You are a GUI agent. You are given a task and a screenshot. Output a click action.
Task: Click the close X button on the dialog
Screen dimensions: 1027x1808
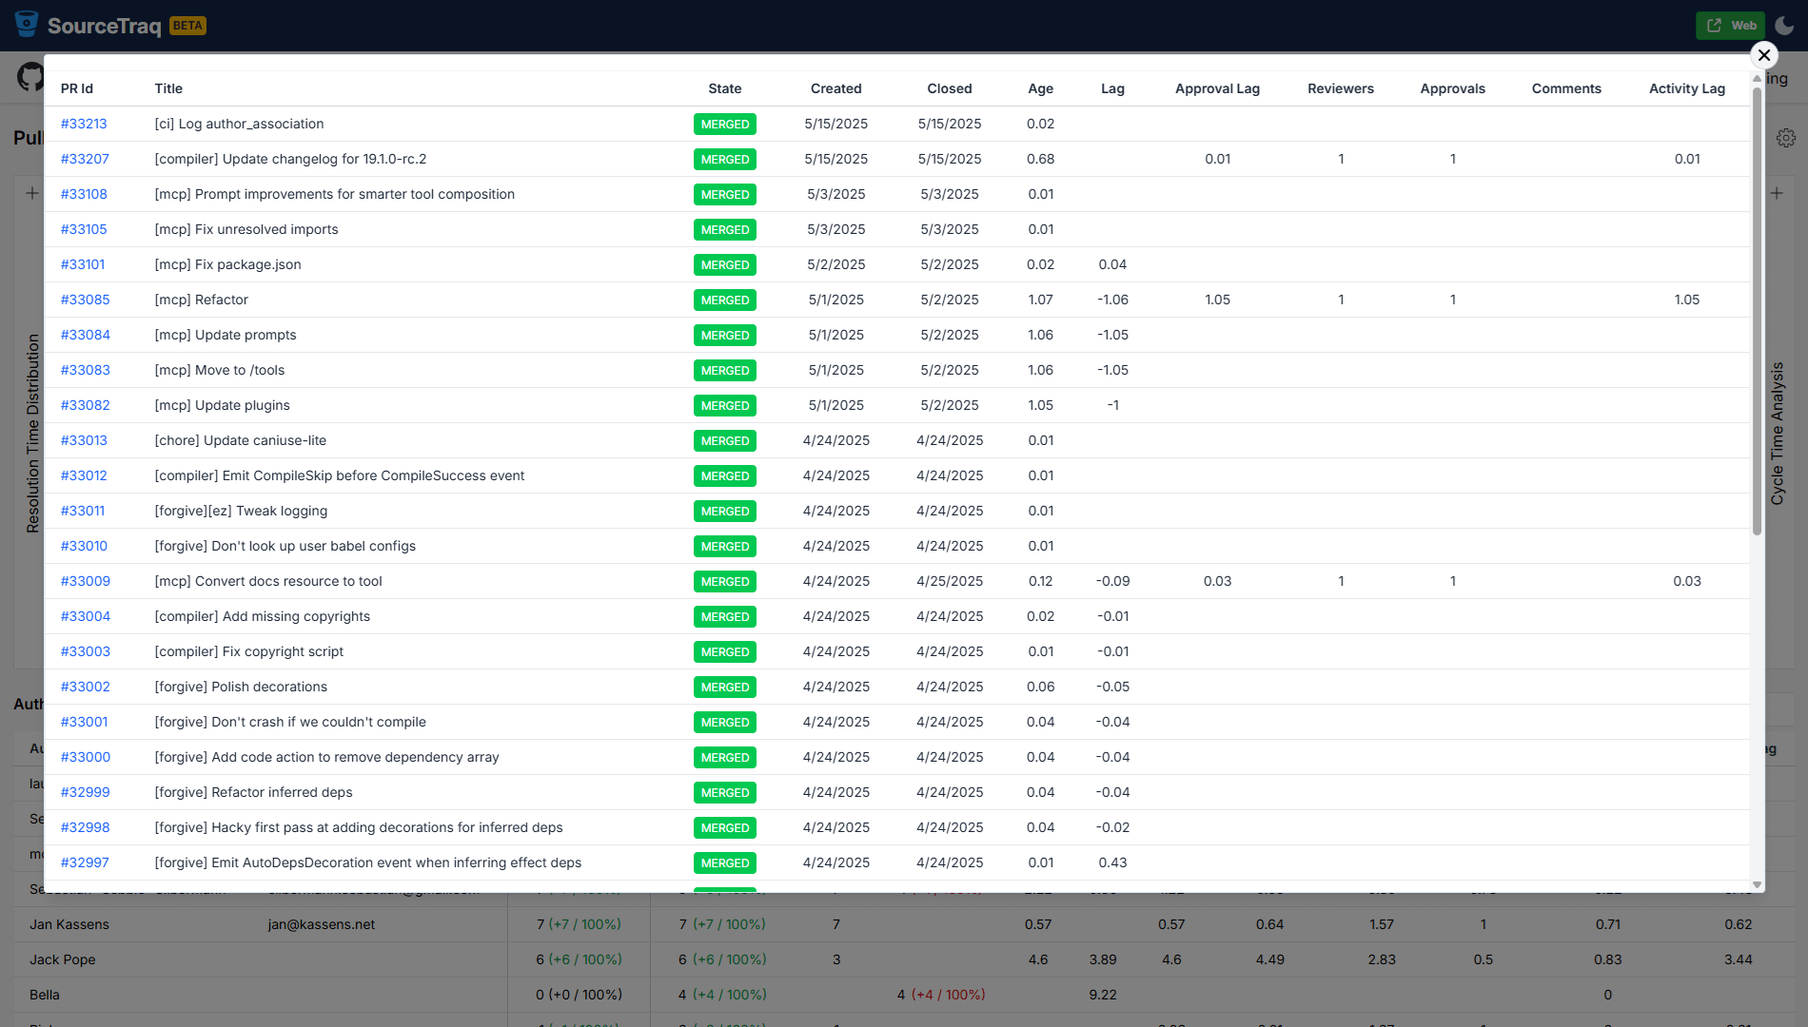(x=1763, y=55)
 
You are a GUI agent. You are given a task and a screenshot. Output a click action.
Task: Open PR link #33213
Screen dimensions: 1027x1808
(x=84, y=124)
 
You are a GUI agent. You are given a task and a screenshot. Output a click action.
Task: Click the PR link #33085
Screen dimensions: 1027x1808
(x=85, y=300)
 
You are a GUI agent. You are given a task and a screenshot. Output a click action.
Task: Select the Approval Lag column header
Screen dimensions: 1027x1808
(x=1217, y=88)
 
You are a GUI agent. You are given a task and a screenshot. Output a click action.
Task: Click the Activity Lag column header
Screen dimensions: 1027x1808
(x=1686, y=88)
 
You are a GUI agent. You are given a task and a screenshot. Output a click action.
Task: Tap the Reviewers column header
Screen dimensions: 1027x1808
(x=1340, y=88)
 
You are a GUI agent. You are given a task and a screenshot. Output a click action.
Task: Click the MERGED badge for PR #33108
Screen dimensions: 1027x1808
(x=724, y=195)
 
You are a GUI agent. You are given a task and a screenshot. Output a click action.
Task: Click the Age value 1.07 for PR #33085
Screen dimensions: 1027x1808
(x=1040, y=300)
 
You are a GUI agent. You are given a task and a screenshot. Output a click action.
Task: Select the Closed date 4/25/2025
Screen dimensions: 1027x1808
(x=949, y=581)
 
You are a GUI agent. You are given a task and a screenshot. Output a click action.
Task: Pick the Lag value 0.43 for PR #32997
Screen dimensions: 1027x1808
(x=1112, y=862)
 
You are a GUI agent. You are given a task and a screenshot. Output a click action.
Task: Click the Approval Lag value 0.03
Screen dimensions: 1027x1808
(x=1217, y=581)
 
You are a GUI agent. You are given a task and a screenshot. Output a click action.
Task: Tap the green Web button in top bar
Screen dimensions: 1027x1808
(x=1730, y=26)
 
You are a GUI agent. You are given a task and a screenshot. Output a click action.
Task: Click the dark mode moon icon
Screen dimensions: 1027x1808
(x=1784, y=26)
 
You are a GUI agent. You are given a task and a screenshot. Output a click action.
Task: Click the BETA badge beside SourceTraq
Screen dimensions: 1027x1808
(x=187, y=26)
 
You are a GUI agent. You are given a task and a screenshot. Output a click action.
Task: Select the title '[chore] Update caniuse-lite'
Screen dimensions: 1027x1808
(x=240, y=440)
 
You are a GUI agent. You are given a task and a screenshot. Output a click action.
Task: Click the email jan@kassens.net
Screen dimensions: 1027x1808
(x=322, y=924)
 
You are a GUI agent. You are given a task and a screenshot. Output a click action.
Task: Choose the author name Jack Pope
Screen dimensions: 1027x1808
(x=63, y=959)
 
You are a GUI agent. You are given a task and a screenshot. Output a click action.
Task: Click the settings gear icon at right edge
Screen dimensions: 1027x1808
(x=1786, y=138)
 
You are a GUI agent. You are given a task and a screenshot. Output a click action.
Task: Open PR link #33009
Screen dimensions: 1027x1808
(x=85, y=581)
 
